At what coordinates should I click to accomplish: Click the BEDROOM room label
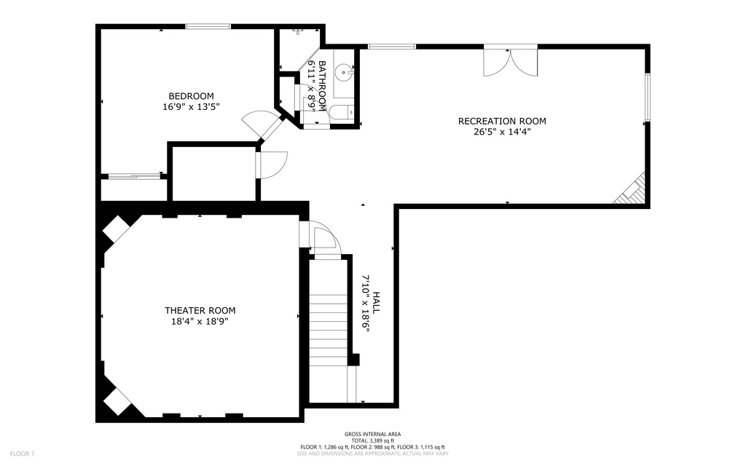[191, 96]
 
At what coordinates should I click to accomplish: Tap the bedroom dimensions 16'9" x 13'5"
[191, 107]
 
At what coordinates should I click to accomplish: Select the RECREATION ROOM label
[501, 121]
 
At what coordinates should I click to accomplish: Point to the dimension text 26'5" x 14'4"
[501, 132]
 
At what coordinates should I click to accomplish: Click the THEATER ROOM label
[200, 310]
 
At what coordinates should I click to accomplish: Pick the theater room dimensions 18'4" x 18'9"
[200, 321]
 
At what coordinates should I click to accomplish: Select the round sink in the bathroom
[343, 73]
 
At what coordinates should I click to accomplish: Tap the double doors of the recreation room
[511, 61]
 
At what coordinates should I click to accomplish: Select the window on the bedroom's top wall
[208, 27]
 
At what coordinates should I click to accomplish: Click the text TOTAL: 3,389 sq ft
[372, 441]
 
